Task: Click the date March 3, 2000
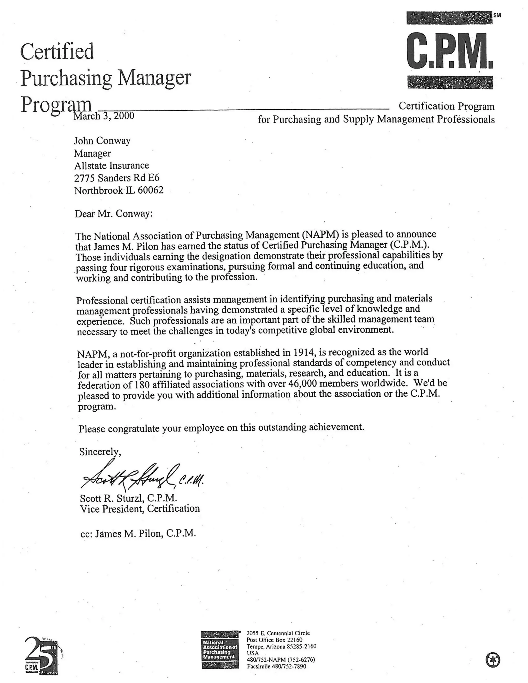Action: click(x=104, y=116)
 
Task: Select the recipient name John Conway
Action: click(x=102, y=141)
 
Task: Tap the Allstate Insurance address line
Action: click(x=111, y=165)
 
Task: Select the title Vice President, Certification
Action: click(x=140, y=509)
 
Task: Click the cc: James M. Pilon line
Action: click(x=138, y=534)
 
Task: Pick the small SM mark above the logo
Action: click(x=497, y=15)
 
